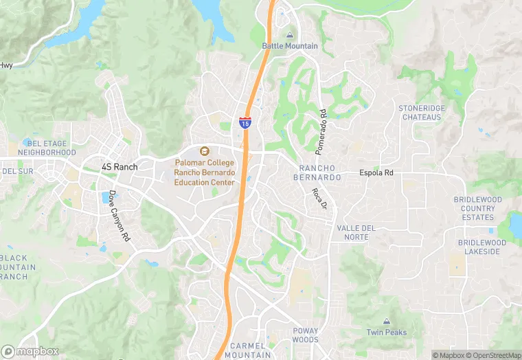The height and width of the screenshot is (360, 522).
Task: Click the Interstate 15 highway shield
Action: coord(245,123)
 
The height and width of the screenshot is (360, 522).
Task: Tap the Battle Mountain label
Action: coord(290,46)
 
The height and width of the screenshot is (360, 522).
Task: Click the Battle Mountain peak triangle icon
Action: coord(290,34)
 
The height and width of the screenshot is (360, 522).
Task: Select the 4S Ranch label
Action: coord(120,167)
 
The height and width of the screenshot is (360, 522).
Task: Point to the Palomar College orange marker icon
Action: coord(203,151)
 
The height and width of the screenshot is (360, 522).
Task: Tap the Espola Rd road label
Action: coord(376,172)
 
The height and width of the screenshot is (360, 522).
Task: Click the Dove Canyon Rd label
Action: coord(118,215)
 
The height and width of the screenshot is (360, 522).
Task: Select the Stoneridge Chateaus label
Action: coord(421,113)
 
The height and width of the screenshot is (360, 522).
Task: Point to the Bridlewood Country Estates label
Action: coord(478,208)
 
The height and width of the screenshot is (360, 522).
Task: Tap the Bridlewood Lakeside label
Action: coord(481,247)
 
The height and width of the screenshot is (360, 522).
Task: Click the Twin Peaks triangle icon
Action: coord(386,322)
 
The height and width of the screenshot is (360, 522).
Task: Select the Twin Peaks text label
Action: coord(386,333)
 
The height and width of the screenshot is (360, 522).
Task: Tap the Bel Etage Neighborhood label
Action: coord(47,148)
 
